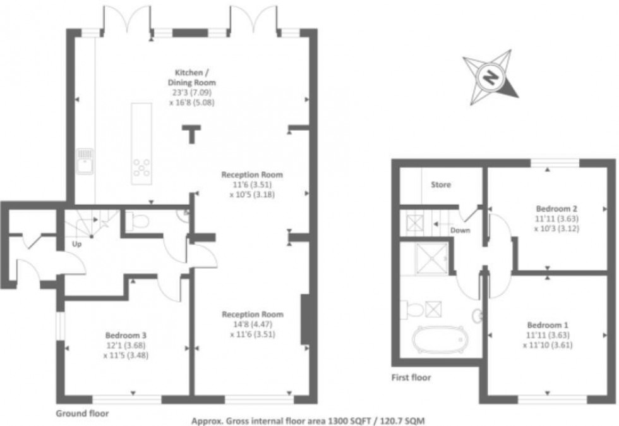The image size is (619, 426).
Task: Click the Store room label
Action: tap(441, 185)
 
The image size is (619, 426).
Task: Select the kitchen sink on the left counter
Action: tap(85, 161)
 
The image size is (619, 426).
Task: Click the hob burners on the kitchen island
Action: tap(141, 167)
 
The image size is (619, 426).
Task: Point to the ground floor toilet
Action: tap(136, 221)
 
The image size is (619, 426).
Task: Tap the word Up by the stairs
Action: tap(78, 243)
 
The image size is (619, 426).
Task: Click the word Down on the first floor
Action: tap(460, 230)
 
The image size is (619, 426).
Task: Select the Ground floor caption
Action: tap(82, 414)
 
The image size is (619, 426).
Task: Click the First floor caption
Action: tap(411, 378)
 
